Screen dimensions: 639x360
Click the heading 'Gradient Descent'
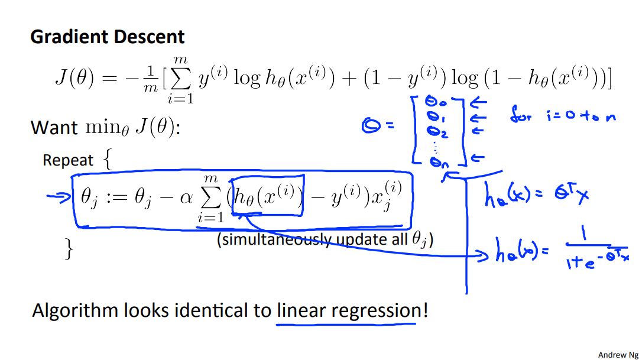pyautogui.click(x=108, y=37)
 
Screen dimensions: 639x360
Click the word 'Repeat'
pyautogui.click(x=68, y=160)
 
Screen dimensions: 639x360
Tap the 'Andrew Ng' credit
pyautogui.click(x=617, y=355)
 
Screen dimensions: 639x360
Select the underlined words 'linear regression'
pyautogui.click(x=348, y=310)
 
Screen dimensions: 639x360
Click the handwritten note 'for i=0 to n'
pyautogui.click(x=562, y=116)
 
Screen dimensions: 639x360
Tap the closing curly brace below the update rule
pyautogui.click(x=70, y=248)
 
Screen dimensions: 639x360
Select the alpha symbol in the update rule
pyautogui.click(x=187, y=197)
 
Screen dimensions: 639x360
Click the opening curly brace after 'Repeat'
pyautogui.click(x=108, y=160)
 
